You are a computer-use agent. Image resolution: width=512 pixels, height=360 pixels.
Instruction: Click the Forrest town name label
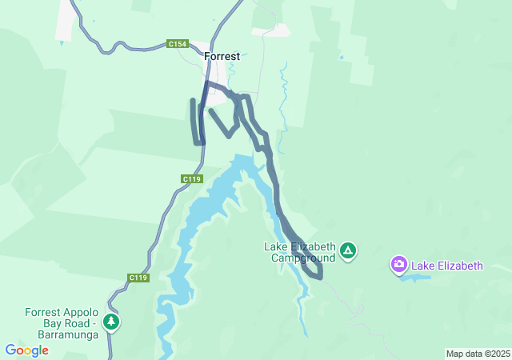(222, 57)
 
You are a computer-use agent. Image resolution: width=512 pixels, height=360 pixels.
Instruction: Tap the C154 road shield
(178, 43)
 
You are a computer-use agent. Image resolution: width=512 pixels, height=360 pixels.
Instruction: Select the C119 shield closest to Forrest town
(191, 179)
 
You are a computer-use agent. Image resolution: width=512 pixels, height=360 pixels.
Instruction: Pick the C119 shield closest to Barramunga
(138, 278)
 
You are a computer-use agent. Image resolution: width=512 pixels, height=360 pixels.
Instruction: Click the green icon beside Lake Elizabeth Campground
(348, 251)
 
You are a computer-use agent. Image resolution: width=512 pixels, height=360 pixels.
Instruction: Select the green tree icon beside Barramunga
(111, 322)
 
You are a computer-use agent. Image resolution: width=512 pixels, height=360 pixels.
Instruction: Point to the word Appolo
(82, 312)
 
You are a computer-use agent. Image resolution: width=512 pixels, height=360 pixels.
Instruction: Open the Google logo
(26, 350)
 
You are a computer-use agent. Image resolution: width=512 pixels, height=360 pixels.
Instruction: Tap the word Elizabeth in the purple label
(460, 266)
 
